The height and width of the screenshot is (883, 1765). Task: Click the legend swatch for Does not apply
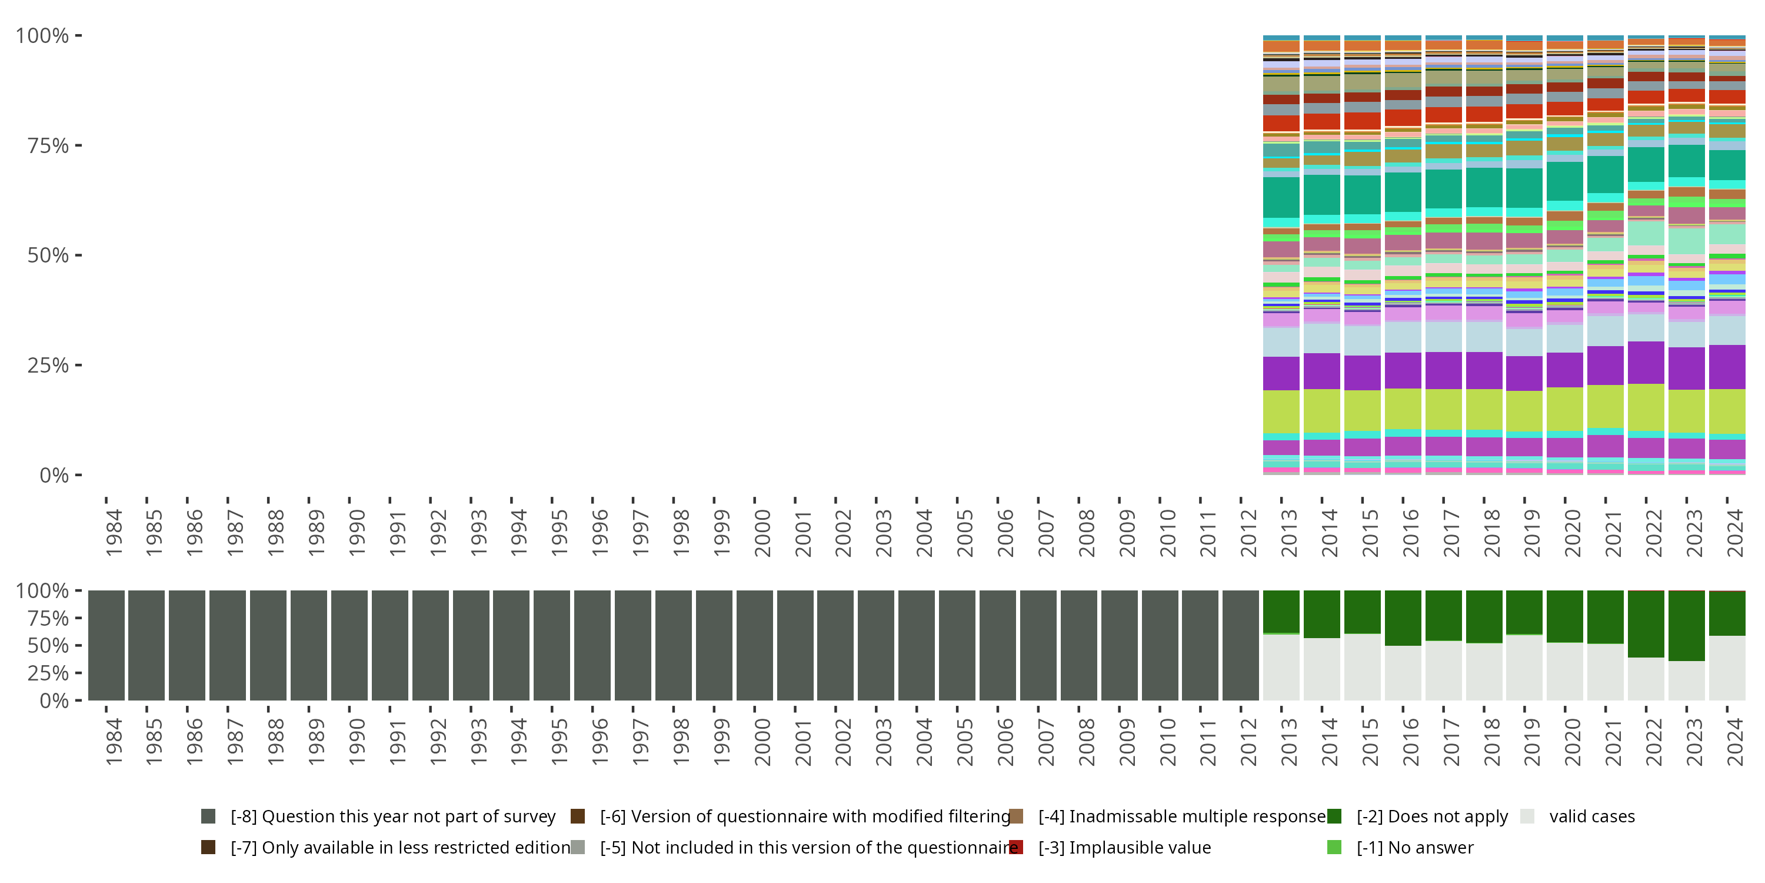click(x=1333, y=816)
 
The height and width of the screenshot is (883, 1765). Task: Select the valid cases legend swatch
click(x=1527, y=816)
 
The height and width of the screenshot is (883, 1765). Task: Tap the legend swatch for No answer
click(x=1333, y=847)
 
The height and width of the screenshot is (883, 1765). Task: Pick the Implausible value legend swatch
click(x=1016, y=847)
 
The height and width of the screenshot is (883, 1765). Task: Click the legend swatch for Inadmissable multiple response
click(x=1016, y=816)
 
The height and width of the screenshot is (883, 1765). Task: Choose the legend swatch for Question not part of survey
click(x=208, y=816)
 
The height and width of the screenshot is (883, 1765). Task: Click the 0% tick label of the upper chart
click(x=54, y=475)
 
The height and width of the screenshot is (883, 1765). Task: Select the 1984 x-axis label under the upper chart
click(x=114, y=532)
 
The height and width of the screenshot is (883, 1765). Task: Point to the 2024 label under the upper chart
click(x=1735, y=532)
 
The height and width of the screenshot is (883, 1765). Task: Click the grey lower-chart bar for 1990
click(x=349, y=645)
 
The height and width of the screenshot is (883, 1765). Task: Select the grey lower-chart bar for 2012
click(x=1240, y=645)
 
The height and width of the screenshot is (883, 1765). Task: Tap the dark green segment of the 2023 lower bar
click(x=1686, y=625)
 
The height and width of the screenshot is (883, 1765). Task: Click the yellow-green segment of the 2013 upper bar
click(x=1281, y=411)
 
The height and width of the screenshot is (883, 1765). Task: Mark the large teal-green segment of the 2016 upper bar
click(x=1403, y=192)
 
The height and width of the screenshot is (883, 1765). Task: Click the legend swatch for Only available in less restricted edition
click(x=208, y=847)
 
